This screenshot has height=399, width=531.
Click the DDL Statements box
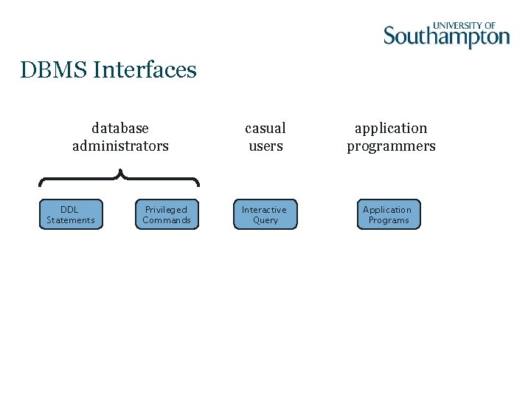point(70,214)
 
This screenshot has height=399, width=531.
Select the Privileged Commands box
point(167,214)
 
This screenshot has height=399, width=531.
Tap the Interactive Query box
point(265,214)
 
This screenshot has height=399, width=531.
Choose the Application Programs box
point(389,214)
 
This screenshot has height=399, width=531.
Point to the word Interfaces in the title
point(145,70)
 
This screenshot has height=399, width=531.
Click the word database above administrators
point(120,129)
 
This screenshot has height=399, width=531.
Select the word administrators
point(120,146)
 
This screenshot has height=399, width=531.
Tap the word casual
point(265,129)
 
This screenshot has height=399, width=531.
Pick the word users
point(265,146)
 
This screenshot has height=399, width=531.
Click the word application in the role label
point(391,129)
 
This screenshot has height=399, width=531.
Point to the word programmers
point(391,147)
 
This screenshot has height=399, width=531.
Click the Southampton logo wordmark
point(446,37)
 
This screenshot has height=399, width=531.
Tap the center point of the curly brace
point(119,175)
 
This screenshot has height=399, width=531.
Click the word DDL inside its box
point(69,210)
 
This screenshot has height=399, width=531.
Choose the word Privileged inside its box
point(166,210)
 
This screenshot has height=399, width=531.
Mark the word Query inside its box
point(265,220)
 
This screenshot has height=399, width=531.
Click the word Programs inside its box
point(389,220)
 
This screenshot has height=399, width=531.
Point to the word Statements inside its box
point(71,220)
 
